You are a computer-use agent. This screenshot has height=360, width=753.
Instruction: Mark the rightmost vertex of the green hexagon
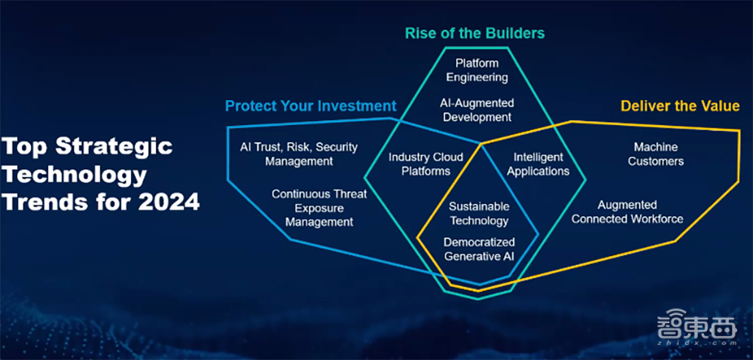(586, 179)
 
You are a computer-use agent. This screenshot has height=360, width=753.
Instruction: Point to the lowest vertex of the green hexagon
(477, 299)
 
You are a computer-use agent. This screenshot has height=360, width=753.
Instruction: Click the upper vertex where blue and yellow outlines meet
(480, 143)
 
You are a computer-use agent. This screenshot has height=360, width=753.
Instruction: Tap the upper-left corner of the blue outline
(227, 128)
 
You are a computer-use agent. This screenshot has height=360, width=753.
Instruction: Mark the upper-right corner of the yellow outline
(739, 130)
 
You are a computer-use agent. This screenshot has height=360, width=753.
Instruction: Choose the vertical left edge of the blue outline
(227, 154)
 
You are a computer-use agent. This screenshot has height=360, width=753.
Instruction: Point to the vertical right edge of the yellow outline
(739, 156)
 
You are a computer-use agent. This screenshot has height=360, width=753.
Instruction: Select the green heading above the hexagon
(475, 32)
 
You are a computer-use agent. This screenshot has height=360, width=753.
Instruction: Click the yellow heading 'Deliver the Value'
(680, 105)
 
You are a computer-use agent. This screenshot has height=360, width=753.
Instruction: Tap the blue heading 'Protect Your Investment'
(311, 105)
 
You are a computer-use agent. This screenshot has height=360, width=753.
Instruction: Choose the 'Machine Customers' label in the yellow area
(656, 154)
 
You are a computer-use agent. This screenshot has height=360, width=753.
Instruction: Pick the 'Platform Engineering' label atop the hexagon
(477, 70)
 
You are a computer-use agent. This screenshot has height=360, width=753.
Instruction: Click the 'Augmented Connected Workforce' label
(627, 212)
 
